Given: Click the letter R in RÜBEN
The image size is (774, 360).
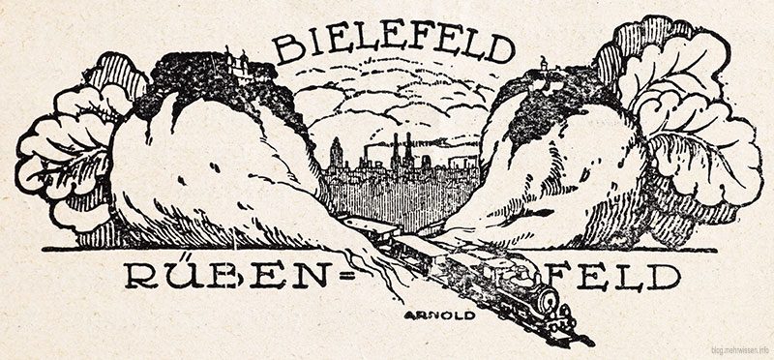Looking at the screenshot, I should point(135,279).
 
